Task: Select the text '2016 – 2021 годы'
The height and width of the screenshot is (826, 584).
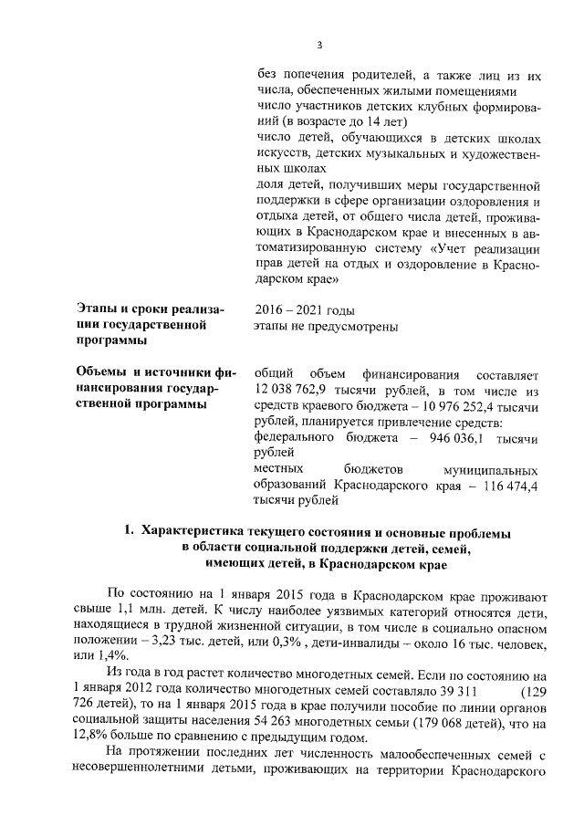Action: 305,310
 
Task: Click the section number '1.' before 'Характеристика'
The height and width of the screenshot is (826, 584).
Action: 130,531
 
